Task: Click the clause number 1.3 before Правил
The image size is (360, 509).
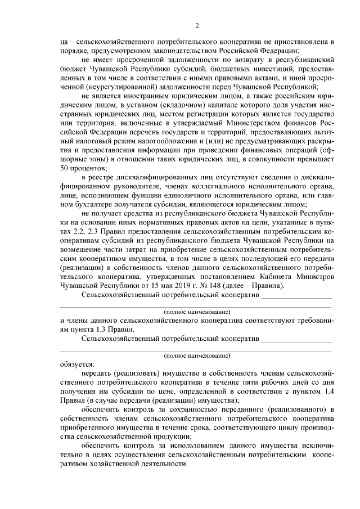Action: (103, 328)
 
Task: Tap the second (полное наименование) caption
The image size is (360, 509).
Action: (197, 356)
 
